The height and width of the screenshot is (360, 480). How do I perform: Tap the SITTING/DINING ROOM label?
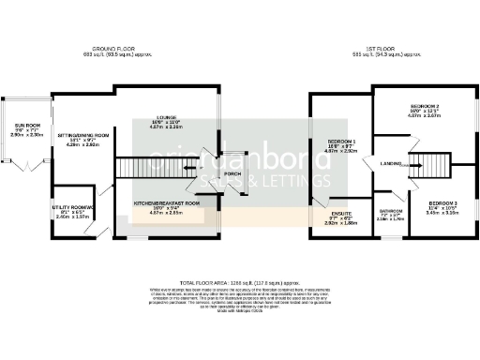(x=84, y=135)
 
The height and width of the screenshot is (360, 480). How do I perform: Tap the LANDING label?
(x=392, y=164)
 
